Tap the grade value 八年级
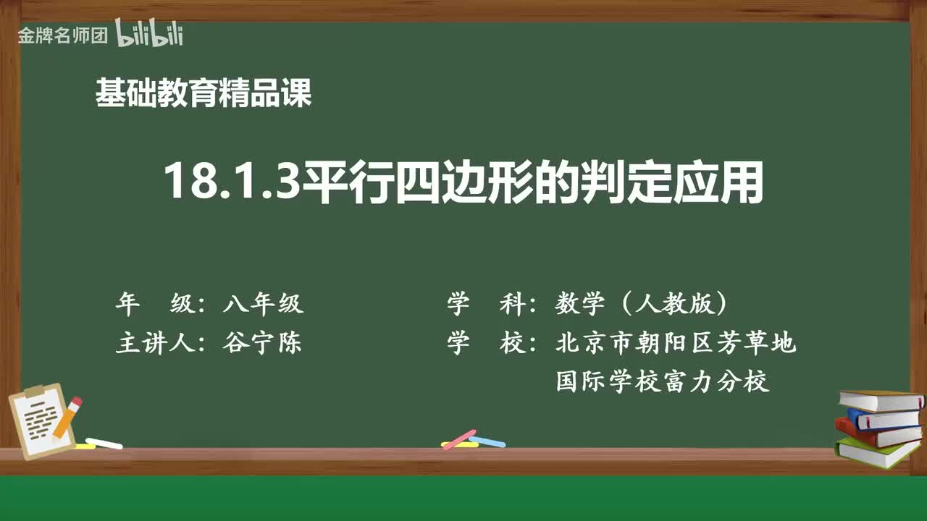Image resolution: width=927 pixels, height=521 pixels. click(263, 305)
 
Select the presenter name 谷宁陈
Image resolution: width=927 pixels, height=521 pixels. click(262, 343)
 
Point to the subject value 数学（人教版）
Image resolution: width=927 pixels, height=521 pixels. click(641, 305)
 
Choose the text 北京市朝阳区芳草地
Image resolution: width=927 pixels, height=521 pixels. click(676, 343)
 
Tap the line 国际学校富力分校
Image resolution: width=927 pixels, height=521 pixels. click(662, 381)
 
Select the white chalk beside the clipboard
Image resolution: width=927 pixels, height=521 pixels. click(104, 443)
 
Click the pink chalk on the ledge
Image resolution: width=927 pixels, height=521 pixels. click(459, 439)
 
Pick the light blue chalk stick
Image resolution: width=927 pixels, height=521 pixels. click(487, 441)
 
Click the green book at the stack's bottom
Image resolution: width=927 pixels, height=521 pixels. click(877, 452)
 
